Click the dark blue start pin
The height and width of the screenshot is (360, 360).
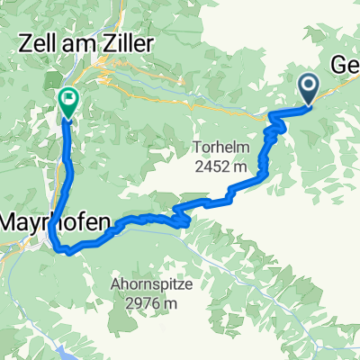tap(308, 89)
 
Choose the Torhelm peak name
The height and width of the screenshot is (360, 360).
tap(221, 146)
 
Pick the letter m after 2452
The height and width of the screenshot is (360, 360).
tap(239, 166)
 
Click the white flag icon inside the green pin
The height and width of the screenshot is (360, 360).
tap(68, 97)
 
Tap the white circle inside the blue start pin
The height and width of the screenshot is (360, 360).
tap(308, 85)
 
